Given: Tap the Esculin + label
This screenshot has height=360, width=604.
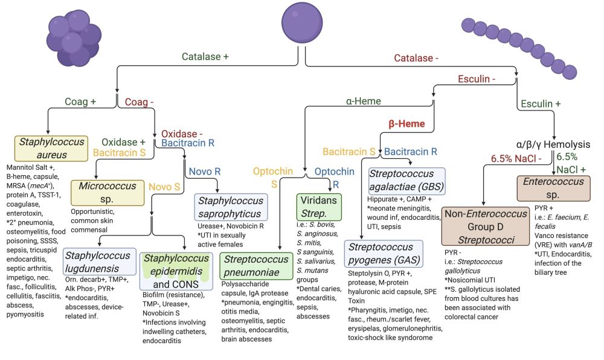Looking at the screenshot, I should click(539, 103).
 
